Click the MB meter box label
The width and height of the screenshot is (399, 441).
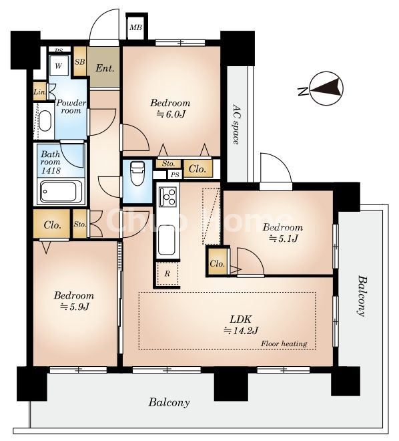(x=136, y=27)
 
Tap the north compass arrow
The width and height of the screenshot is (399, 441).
(x=328, y=88)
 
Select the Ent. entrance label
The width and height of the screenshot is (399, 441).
(x=105, y=68)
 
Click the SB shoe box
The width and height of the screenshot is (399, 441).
(x=80, y=61)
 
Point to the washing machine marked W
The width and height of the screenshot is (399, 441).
(x=59, y=65)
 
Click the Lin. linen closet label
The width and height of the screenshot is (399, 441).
(x=39, y=92)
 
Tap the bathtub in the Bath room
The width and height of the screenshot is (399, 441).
(x=62, y=192)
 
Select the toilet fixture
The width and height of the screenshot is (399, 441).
(x=137, y=173)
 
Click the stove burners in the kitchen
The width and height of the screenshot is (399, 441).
(x=167, y=197)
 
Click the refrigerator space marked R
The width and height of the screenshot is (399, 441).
(x=167, y=274)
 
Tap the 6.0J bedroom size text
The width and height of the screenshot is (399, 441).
(x=171, y=114)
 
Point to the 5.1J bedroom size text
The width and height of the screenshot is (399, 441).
(x=283, y=239)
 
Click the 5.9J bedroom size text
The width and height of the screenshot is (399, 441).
(x=75, y=307)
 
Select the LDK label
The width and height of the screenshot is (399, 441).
(x=240, y=319)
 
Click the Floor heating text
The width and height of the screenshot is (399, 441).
(x=284, y=343)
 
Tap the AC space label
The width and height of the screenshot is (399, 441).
(x=236, y=124)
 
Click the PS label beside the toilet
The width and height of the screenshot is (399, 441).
(x=175, y=175)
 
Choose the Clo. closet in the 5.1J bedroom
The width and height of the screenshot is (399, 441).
(x=218, y=263)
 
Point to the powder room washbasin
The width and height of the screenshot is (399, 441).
(x=45, y=122)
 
